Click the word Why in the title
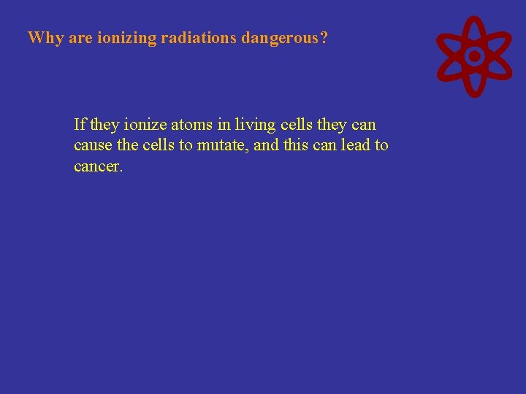pyautogui.click(x=45, y=38)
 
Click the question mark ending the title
pyautogui.click(x=324, y=38)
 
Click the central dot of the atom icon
pyautogui.click(x=474, y=55)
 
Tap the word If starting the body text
pyautogui.click(x=80, y=124)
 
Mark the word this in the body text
pyautogui.click(x=295, y=145)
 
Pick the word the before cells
pyautogui.click(x=127, y=145)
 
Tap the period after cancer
pyautogui.click(x=121, y=170)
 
